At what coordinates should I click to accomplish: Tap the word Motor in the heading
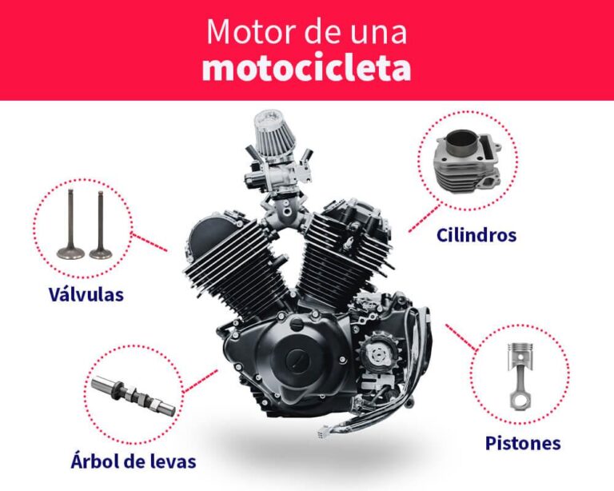[240, 31]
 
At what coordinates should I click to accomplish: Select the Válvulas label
[86, 294]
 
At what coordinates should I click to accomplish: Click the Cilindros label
[476, 235]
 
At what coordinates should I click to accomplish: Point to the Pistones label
[523, 443]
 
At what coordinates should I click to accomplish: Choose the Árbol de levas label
[132, 461]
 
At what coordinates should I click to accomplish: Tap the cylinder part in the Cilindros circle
[468, 165]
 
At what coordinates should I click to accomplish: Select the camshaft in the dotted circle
[133, 396]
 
